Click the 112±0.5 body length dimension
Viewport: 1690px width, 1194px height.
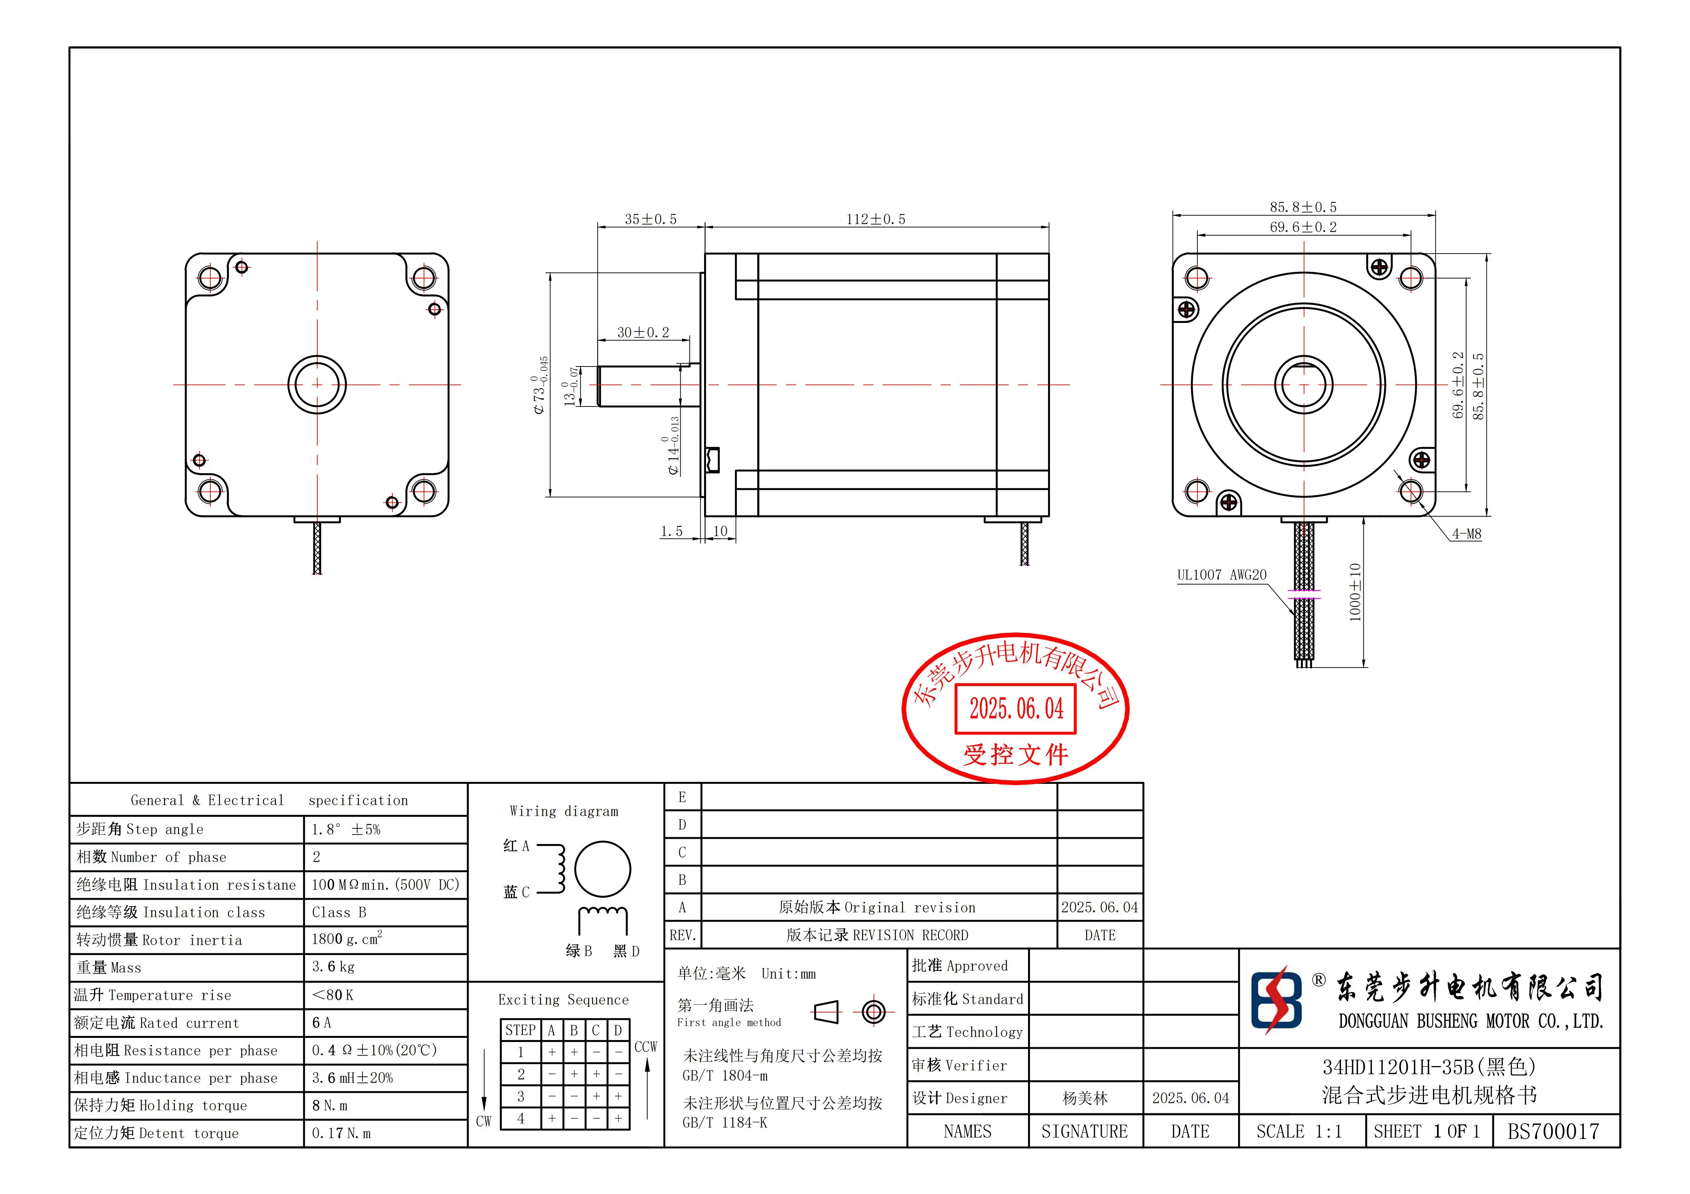point(875,219)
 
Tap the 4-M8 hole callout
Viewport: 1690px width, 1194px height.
point(1466,534)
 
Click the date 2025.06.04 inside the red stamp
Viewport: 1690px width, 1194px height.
point(1016,709)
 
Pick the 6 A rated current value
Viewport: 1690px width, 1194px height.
point(322,1022)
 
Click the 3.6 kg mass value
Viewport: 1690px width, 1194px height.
point(333,967)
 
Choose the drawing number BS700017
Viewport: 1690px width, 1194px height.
point(1553,1132)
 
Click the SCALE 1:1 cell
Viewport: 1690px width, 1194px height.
point(1299,1132)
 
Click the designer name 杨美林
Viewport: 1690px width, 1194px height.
point(1085,1098)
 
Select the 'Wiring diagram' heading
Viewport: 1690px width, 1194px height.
point(564,811)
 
